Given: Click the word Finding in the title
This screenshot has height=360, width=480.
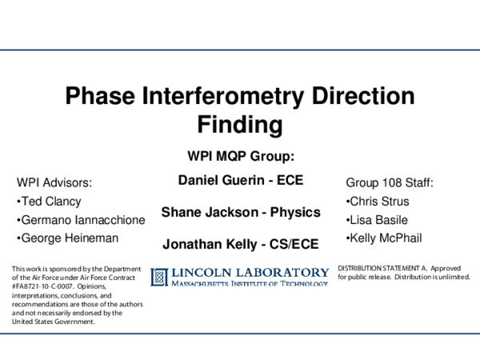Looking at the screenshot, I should (240, 125).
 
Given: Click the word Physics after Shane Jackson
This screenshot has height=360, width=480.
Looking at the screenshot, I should (293, 213).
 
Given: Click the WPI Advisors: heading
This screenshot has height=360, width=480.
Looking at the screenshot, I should (54, 183).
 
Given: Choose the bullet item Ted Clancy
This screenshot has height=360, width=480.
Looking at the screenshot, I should (50, 202).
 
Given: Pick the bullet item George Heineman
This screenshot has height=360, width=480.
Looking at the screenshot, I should (70, 238).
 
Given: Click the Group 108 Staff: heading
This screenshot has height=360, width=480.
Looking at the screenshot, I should (389, 183).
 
